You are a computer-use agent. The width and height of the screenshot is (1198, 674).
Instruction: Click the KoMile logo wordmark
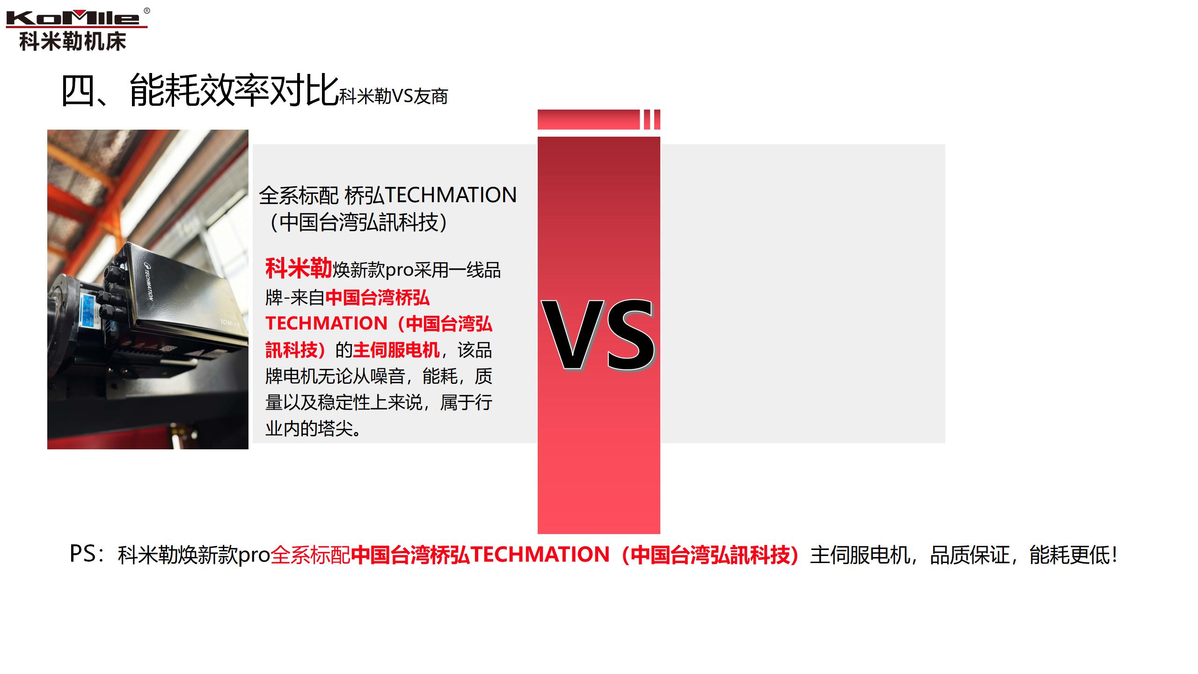[x=73, y=18]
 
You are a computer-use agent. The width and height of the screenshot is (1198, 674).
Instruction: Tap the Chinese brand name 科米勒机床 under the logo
[x=73, y=41]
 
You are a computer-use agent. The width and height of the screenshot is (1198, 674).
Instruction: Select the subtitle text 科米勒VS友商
[x=393, y=96]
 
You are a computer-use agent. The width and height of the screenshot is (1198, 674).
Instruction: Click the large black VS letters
[x=598, y=335]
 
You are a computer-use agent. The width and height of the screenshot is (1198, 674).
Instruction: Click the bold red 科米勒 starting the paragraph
[x=298, y=269]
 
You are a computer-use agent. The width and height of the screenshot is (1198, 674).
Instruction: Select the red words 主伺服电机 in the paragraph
[x=396, y=350]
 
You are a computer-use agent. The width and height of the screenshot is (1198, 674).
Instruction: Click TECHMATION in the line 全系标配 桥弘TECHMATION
[x=451, y=195]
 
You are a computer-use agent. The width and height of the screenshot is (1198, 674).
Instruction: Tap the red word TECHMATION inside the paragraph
[x=326, y=323]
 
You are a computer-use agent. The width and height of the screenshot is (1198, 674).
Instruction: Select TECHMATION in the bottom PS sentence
[x=540, y=555]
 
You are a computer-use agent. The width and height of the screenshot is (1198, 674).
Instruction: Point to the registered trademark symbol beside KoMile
[x=147, y=11]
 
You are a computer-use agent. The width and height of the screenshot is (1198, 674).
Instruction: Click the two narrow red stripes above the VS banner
[x=652, y=119]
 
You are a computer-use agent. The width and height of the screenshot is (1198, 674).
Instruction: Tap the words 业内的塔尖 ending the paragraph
[x=309, y=428]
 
